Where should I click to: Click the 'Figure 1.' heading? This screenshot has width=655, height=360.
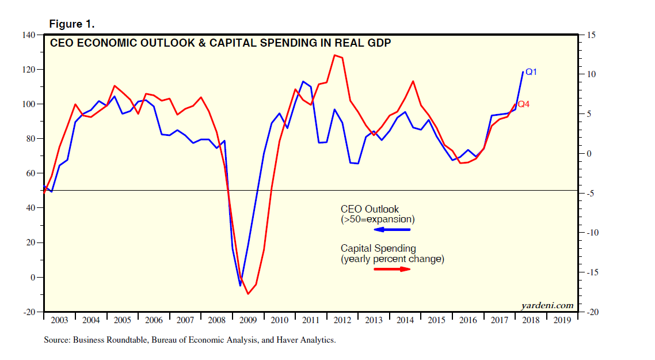pyautogui.click(x=72, y=24)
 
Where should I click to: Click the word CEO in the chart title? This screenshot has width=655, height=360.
pyautogui.click(x=63, y=43)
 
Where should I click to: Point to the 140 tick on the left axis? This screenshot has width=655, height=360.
pyautogui.click(x=29, y=35)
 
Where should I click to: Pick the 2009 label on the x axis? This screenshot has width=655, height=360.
pyautogui.click(x=248, y=320)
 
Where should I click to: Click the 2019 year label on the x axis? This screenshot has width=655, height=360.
pyautogui.click(x=562, y=320)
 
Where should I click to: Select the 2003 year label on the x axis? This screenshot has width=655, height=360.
pyautogui.click(x=59, y=320)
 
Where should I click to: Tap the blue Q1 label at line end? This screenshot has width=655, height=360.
pyautogui.click(x=531, y=72)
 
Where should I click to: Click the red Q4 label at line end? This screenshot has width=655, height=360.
pyautogui.click(x=524, y=104)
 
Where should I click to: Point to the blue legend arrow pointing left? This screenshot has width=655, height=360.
pyautogui.click(x=392, y=230)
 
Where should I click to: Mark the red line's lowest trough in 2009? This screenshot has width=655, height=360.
pyautogui.click(x=248, y=294)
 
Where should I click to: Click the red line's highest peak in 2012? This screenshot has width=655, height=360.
pyautogui.click(x=334, y=55)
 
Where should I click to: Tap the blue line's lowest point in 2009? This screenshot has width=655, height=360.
pyautogui.click(x=241, y=286)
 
